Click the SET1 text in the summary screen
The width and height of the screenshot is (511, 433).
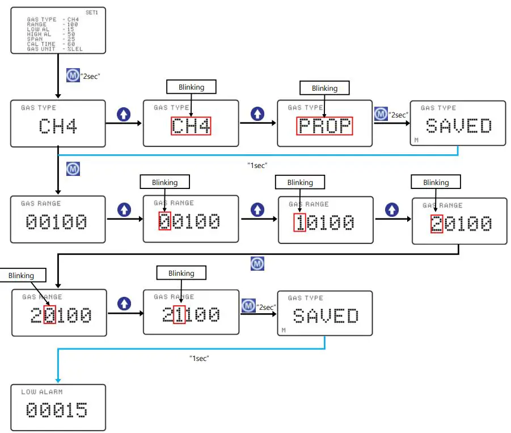(x=91, y=12)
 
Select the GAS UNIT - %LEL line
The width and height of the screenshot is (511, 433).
(x=54, y=49)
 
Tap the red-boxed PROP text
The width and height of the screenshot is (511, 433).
(x=324, y=126)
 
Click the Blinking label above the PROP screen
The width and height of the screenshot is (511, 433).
(x=324, y=88)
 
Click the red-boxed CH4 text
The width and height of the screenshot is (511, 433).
(x=191, y=125)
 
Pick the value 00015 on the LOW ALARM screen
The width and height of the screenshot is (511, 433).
(x=57, y=410)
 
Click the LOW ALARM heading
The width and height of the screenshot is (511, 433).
(x=42, y=392)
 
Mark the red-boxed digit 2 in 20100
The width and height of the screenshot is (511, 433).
(x=437, y=224)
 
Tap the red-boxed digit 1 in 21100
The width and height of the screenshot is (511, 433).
(x=179, y=314)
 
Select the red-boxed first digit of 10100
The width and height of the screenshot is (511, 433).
(x=299, y=222)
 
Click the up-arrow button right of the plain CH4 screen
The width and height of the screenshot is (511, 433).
(x=124, y=115)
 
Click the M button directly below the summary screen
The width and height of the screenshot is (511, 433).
(x=73, y=75)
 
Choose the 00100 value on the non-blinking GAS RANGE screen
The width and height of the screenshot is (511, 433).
(x=57, y=222)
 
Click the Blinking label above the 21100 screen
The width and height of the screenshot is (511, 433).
(x=181, y=273)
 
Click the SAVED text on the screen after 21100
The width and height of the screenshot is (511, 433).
(x=326, y=316)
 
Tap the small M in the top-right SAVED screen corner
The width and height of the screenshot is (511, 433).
(x=416, y=140)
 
